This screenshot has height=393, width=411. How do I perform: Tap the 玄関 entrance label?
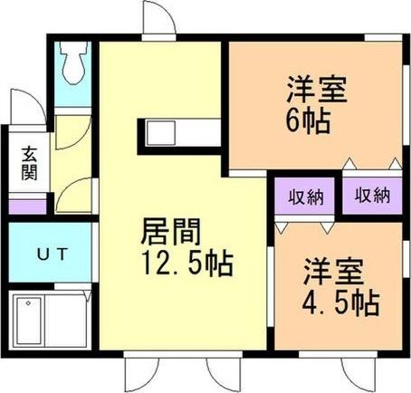[x=30, y=164]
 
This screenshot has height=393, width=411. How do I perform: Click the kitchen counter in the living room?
[x=177, y=135]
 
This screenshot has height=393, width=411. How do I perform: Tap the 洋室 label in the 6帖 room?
[x=316, y=91]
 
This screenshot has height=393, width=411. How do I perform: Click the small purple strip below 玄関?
[x=26, y=206]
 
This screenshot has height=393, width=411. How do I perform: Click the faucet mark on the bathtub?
[x=27, y=302]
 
